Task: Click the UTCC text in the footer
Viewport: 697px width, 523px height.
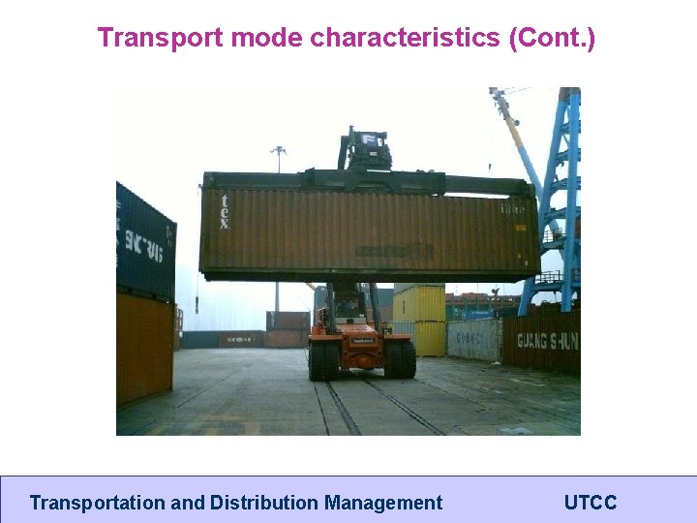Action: coord(590,503)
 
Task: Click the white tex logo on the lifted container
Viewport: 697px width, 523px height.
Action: coord(225,211)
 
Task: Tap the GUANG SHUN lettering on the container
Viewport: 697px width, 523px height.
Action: coord(547,341)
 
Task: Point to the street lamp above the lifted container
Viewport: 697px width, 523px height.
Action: coord(278,153)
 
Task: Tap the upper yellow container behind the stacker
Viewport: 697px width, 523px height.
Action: coord(420,302)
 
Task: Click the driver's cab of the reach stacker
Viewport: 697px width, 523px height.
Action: coord(349,305)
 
